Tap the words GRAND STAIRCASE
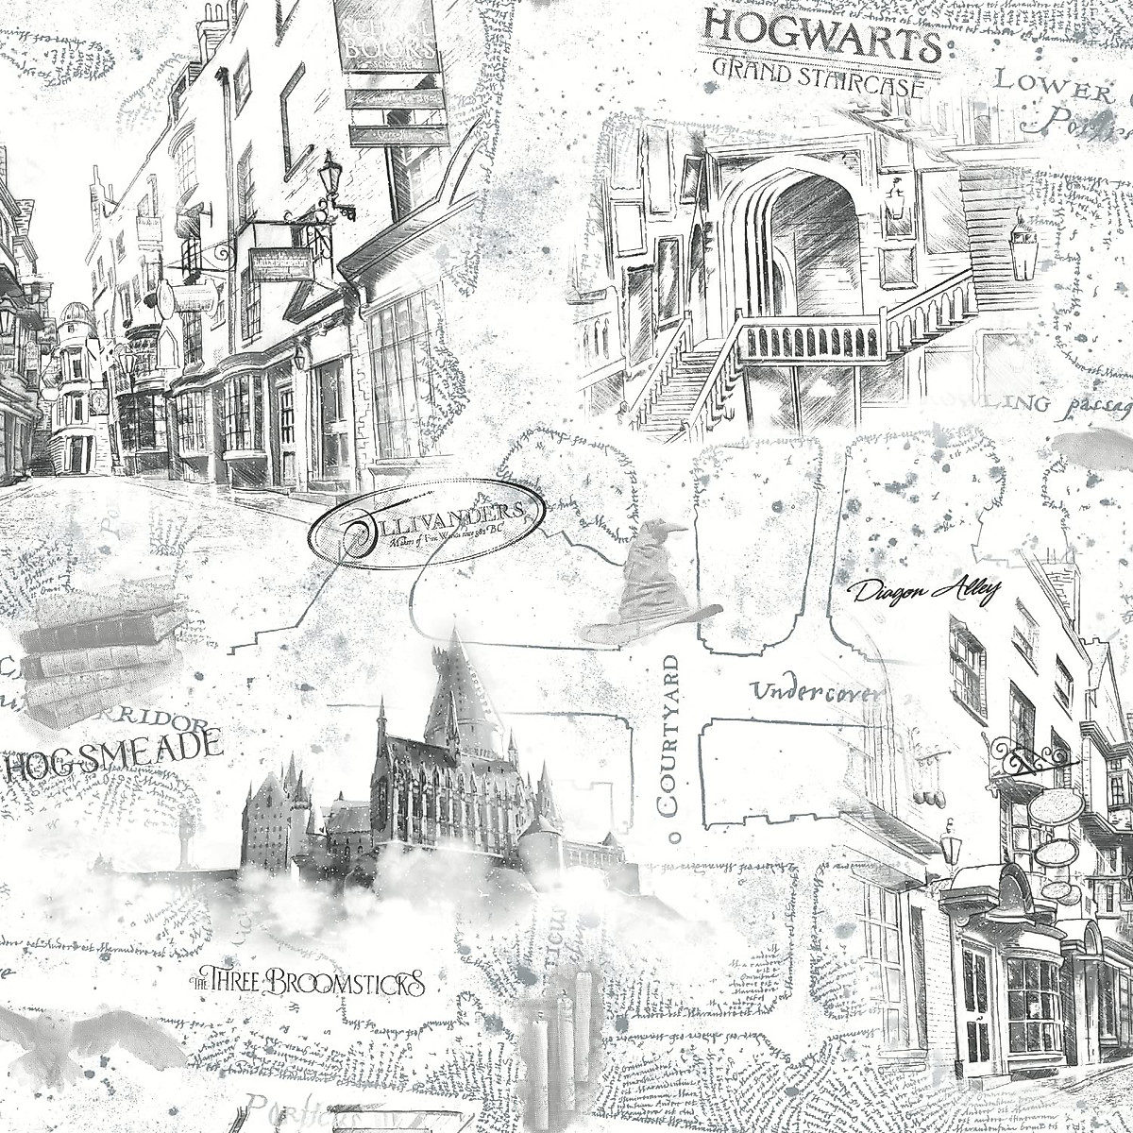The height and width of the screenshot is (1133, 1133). (818, 76)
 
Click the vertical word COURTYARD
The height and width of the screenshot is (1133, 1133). (668, 736)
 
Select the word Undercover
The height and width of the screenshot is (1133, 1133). (818, 692)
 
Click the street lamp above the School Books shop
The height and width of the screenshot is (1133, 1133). (330, 179)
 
